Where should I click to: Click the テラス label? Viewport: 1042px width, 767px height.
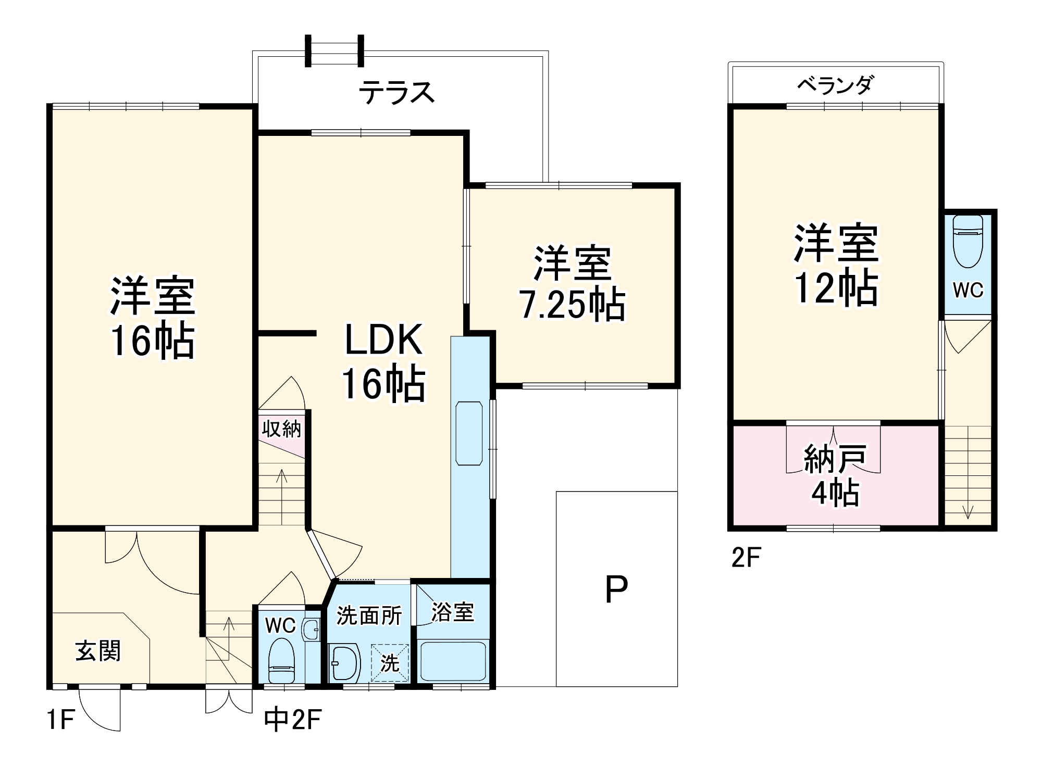click(396, 93)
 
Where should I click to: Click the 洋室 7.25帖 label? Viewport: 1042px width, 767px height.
click(572, 284)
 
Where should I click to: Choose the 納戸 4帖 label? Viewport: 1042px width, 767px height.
click(835, 475)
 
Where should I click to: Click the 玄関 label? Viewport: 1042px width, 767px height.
click(98, 651)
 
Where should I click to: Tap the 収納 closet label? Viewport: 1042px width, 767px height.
click(281, 429)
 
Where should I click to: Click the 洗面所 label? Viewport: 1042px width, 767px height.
click(369, 615)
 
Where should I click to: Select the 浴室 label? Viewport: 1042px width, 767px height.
click(453, 612)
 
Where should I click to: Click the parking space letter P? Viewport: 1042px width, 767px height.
click(616, 589)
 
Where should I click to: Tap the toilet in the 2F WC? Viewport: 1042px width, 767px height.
click(967, 242)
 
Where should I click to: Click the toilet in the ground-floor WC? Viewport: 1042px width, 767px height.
click(281, 661)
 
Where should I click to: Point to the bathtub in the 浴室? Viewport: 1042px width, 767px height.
click(453, 660)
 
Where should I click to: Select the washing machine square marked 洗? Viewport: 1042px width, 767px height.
click(390, 663)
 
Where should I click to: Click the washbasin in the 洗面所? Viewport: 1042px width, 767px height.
click(344, 663)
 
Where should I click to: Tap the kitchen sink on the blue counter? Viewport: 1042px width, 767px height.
click(469, 433)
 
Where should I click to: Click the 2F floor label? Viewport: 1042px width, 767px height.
click(746, 558)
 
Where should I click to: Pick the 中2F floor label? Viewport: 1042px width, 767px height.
click(293, 720)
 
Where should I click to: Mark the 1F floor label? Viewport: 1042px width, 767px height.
click(60, 721)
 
